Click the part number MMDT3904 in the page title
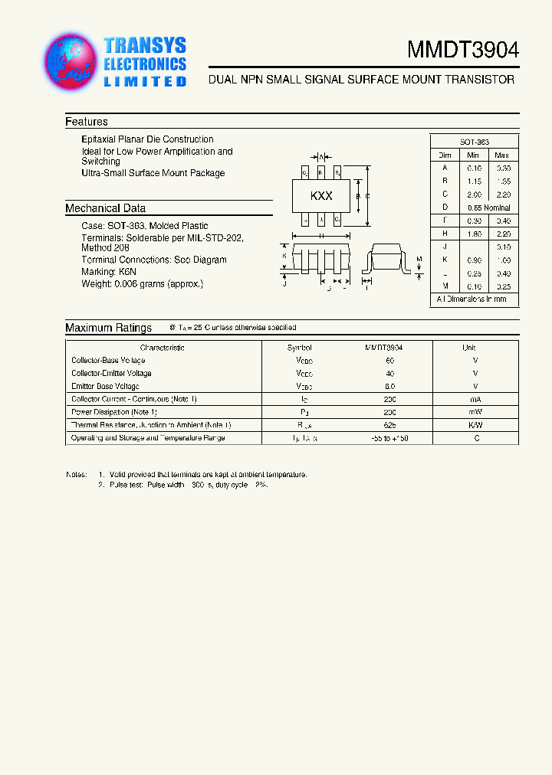point(463,51)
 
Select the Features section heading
point(87,122)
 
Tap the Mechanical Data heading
point(105,208)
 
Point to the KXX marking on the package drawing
point(321,196)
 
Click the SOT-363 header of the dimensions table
point(475,142)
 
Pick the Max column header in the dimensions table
point(503,155)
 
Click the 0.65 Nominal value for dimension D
point(488,208)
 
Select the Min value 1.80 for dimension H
point(474,234)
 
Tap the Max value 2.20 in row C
point(503,195)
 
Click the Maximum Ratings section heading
point(108,328)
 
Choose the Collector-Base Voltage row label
point(108,360)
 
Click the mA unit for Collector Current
point(475,399)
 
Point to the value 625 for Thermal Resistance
point(390,425)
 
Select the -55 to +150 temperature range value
point(390,438)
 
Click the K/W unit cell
point(475,425)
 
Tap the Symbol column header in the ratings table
point(300,348)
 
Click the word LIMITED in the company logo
point(145,81)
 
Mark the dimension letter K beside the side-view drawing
point(284,256)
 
